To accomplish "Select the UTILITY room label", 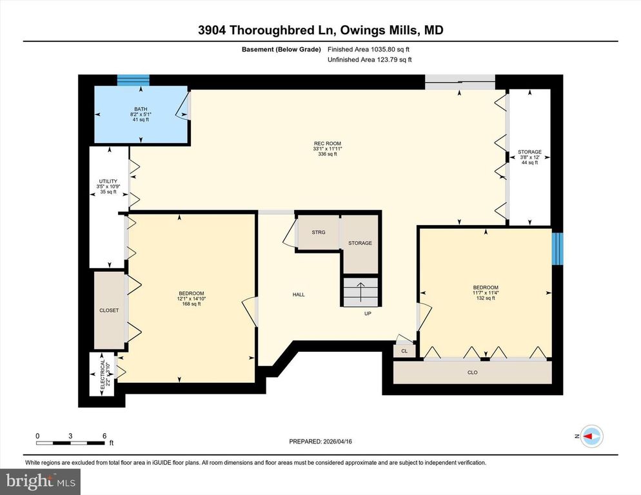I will (107, 182).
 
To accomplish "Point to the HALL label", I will (299, 295).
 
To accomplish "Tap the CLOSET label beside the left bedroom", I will (109, 310).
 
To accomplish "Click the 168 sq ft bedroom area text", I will (192, 304).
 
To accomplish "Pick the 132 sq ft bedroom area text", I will (486, 298).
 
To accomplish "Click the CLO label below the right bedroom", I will (473, 372).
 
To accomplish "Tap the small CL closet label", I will (404, 351).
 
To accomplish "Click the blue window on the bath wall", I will (133, 80).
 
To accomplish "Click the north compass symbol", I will (592, 436).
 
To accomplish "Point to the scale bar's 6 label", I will (104, 435).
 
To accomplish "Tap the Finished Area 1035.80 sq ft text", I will (368, 49).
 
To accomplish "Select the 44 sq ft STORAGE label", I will (529, 162).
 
